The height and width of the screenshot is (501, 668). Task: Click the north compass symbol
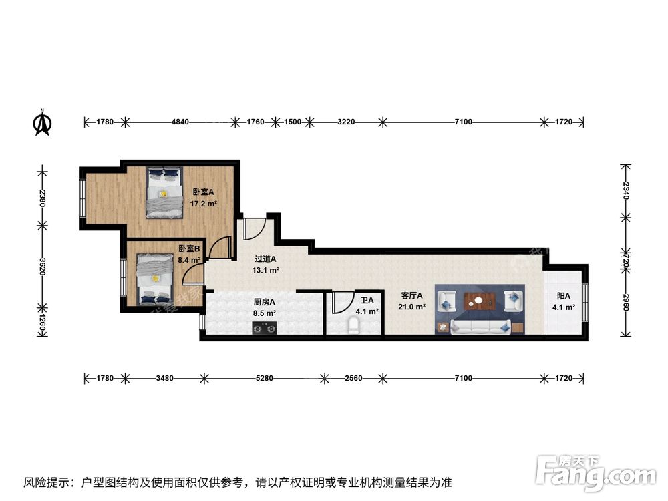pos(43,123)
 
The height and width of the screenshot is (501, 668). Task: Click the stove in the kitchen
pos(265,327)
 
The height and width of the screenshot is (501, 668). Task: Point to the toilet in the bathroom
pos(354,326)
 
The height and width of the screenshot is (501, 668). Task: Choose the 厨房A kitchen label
pos(263,301)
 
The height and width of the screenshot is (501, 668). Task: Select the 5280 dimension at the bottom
pos(265,379)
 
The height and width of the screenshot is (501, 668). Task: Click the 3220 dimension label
pos(345,122)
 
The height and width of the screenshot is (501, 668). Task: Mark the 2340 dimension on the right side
pos(625,191)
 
